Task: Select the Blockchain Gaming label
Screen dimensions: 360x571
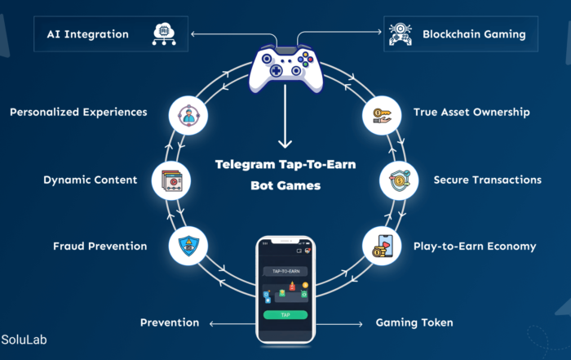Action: pos(474,34)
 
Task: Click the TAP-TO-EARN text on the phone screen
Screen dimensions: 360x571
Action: pos(285,271)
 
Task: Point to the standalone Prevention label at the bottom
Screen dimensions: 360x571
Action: pos(170,322)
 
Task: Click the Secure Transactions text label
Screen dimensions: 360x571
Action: pos(487,180)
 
